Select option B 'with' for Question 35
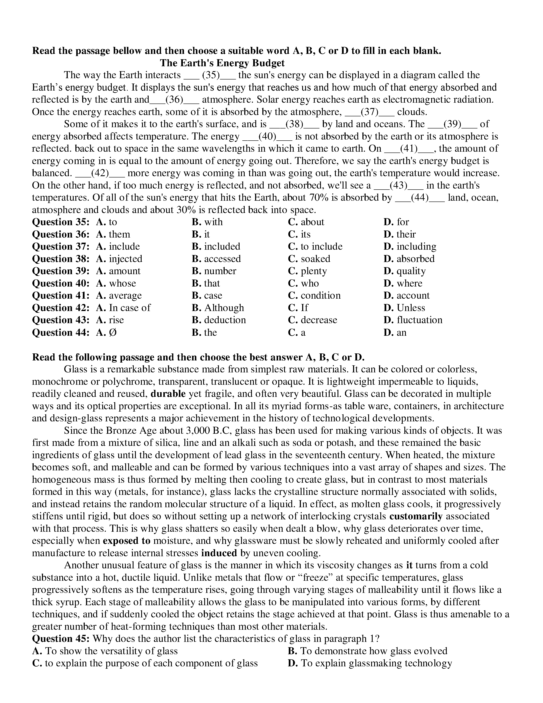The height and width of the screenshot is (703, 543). pyautogui.click(x=207, y=222)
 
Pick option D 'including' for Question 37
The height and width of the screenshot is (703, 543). pyautogui.click(x=410, y=246)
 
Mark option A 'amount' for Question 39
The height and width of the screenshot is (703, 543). pyautogui.click(x=118, y=271)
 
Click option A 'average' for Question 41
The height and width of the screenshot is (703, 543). pyautogui.click(x=119, y=295)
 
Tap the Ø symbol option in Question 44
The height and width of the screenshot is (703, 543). pyautogui.click(x=113, y=332)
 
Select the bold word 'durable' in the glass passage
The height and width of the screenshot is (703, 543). pyautogui.click(x=168, y=394)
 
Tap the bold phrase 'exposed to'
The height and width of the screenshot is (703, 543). pyautogui.click(x=127, y=541)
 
